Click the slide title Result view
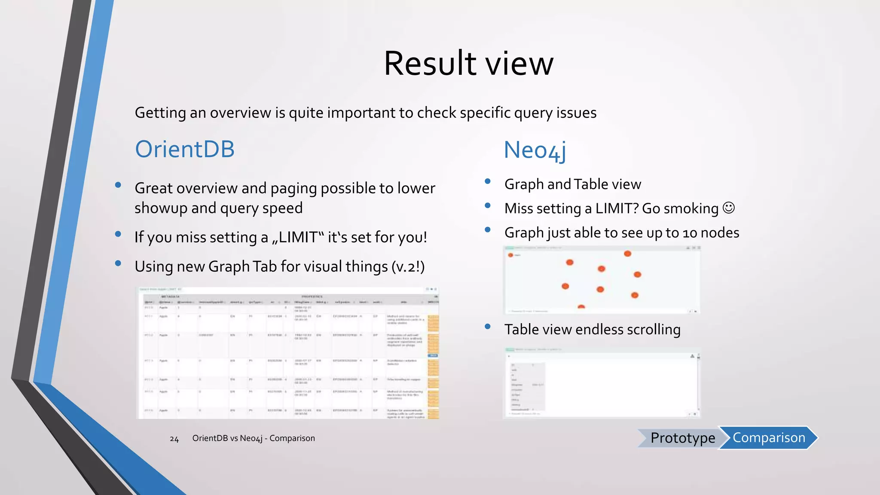(468, 63)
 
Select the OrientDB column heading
(185, 149)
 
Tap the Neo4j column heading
(535, 150)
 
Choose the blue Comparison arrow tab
(769, 437)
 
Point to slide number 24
(174, 439)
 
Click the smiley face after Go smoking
(729, 208)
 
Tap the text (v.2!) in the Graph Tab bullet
(408, 266)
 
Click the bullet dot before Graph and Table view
(488, 181)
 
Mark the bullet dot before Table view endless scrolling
(488, 327)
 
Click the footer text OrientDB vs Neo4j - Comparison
(254, 438)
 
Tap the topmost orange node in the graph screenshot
(627, 254)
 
